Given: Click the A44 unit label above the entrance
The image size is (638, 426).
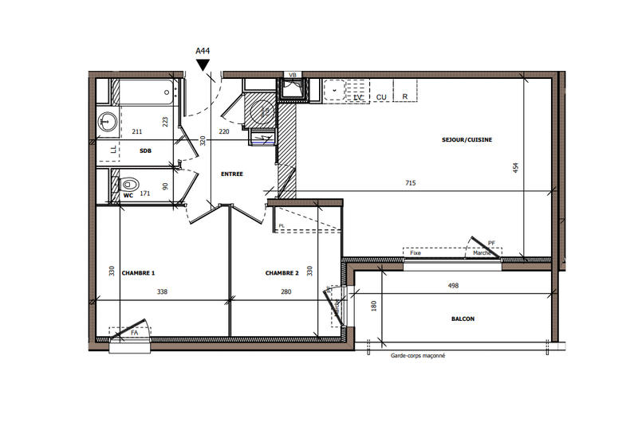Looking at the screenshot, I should pyautogui.click(x=203, y=51).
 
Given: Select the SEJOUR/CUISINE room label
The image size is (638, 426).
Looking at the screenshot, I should pyautogui.click(x=467, y=140).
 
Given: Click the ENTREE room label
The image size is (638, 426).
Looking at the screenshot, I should pyautogui.click(x=232, y=174).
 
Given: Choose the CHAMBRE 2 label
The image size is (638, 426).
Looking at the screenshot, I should pyautogui.click(x=282, y=273).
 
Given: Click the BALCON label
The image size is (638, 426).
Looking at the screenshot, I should pyautogui.click(x=462, y=319).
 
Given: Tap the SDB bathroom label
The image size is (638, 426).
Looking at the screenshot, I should pyautogui.click(x=145, y=150).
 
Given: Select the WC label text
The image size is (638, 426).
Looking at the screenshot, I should pyautogui.click(x=127, y=194).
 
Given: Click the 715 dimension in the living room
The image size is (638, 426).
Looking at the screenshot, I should pyautogui.click(x=410, y=183).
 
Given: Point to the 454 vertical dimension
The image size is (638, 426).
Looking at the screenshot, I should pyautogui.click(x=516, y=167).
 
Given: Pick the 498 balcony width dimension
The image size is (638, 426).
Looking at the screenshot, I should pyautogui.click(x=453, y=285).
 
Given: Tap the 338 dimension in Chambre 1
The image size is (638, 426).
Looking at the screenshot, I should pyautogui.click(x=162, y=292).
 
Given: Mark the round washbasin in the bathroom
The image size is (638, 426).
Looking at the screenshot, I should pyautogui.click(x=107, y=122).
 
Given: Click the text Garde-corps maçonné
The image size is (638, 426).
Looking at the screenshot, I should pyautogui.click(x=418, y=356).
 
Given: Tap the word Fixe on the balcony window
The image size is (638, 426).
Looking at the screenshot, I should pyautogui.click(x=415, y=253).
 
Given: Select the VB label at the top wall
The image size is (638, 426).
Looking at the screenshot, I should pyautogui.click(x=292, y=75).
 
